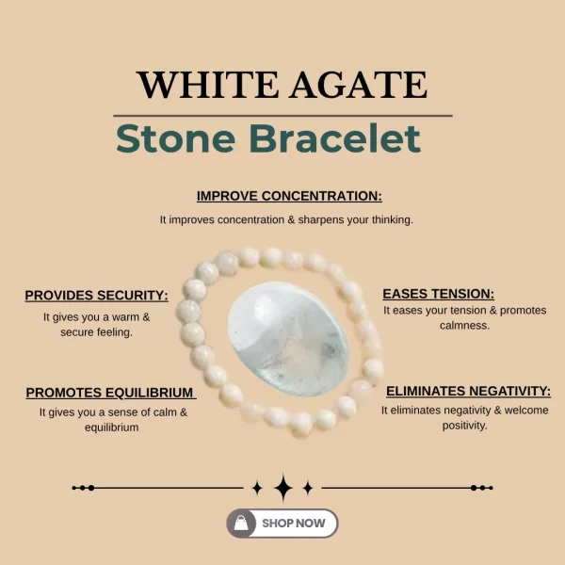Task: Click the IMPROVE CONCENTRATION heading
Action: tap(289, 196)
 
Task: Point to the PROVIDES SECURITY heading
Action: tap(96, 295)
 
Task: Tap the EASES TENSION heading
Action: tap(438, 294)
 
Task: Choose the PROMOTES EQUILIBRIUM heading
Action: tap(110, 393)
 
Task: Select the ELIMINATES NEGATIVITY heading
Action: tap(468, 391)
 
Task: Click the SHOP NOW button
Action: tap(282, 523)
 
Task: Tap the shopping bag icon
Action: tap(242, 523)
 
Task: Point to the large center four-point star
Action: tap(282, 488)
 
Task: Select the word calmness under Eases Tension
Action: tap(438, 326)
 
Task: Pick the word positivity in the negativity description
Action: tap(464, 426)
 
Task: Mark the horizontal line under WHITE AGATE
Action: tap(282, 115)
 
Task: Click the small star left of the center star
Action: tap(257, 488)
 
